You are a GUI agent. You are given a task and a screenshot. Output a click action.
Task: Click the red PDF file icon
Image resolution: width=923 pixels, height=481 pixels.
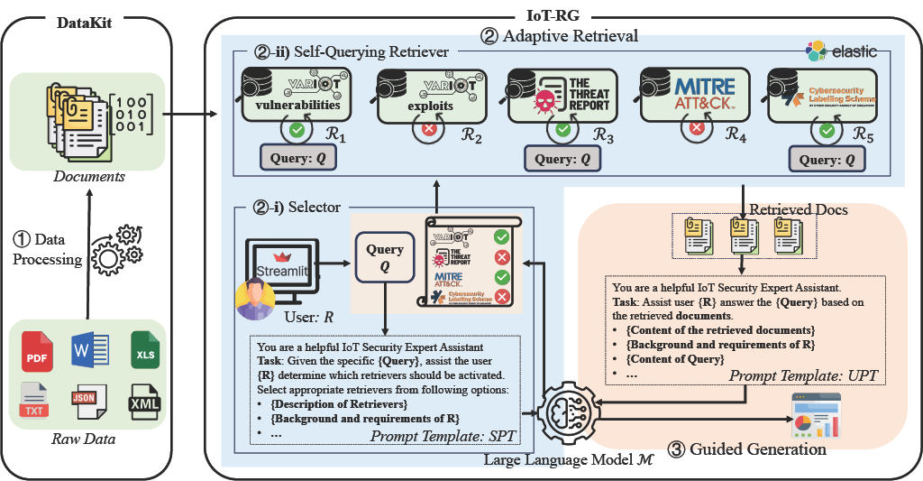[x=37, y=349]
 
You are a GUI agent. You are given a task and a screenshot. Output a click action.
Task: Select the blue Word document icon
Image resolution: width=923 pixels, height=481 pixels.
[x=88, y=349]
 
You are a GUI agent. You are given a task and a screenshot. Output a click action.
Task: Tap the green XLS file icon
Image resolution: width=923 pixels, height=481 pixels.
[x=144, y=349]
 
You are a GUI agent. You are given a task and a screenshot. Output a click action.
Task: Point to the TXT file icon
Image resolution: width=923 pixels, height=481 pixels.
[x=35, y=400]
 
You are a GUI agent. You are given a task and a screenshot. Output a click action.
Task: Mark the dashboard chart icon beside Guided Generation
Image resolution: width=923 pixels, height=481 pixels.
[x=814, y=415]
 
